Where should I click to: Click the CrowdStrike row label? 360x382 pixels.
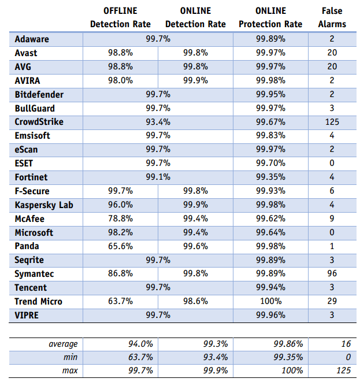pos(40,122)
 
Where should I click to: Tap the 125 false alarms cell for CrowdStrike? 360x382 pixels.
pos(332,122)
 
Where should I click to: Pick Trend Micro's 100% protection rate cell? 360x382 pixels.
pos(270,301)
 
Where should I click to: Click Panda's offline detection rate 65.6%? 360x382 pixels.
pos(120,246)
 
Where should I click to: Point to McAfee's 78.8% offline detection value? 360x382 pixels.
pos(120,218)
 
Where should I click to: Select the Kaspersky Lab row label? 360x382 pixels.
pos(44,205)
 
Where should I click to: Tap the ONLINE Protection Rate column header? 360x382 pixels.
pos(270,17)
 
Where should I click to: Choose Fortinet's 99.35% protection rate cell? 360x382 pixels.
pos(270,177)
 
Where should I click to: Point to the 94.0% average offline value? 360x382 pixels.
pos(140,344)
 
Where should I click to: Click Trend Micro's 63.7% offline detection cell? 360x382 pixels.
pos(120,301)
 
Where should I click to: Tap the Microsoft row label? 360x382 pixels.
pos(34,232)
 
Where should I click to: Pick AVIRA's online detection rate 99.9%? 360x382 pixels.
pos(195,80)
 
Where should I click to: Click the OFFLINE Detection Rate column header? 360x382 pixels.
pos(120,17)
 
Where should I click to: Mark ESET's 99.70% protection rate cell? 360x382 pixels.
pos(270,163)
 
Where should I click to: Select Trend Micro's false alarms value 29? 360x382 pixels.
pos(332,301)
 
